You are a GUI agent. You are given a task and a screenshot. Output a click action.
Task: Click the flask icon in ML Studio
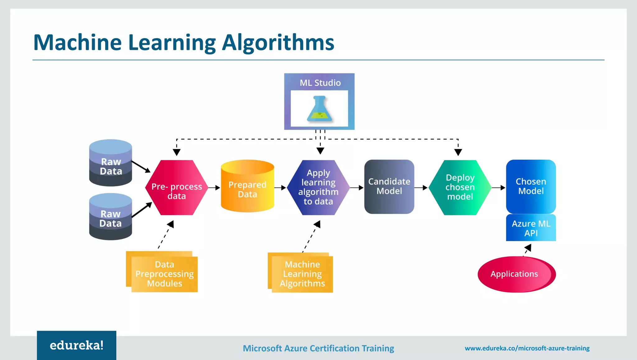(319, 109)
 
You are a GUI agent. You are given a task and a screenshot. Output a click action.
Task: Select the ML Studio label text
(320, 83)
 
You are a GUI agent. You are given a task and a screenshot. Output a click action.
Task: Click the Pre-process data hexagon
(176, 188)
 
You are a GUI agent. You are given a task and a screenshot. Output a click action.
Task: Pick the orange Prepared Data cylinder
(248, 187)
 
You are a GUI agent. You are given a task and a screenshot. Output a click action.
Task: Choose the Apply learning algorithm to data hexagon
(318, 188)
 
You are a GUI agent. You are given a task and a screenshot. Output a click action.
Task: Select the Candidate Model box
(389, 187)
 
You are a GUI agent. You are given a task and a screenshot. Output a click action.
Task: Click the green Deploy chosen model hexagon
(460, 188)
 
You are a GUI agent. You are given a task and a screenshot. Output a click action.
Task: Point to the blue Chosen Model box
(531, 186)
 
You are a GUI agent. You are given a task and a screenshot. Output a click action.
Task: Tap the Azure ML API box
(531, 228)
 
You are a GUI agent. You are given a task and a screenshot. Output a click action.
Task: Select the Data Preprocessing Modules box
(164, 274)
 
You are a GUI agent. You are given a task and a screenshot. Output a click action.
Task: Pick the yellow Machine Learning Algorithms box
(302, 274)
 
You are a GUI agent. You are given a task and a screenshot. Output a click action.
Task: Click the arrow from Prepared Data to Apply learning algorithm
(280, 188)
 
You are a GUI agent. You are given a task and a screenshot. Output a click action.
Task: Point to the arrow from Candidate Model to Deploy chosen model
(421, 188)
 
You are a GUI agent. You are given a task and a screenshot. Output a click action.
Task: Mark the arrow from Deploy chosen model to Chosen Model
(499, 188)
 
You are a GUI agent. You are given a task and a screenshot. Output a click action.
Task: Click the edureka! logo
(77, 345)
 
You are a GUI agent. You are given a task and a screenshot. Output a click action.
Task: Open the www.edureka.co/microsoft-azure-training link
(527, 348)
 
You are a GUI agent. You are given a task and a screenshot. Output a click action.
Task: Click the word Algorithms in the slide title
(278, 43)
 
